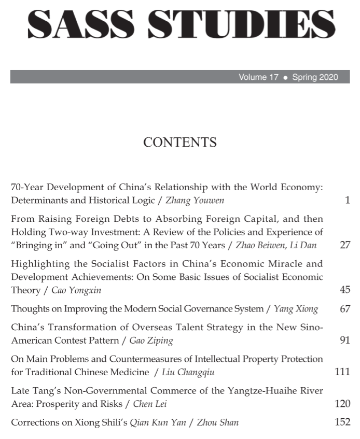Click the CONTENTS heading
[x=179, y=142]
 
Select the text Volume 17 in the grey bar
[x=258, y=77]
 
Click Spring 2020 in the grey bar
[x=315, y=77]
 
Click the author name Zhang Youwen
[x=195, y=200]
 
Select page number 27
[x=345, y=245]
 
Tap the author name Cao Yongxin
[x=76, y=290]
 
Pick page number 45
[x=345, y=290]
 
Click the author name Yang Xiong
[x=296, y=309]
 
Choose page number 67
[x=345, y=309]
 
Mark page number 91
[x=345, y=341]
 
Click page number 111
[x=343, y=372]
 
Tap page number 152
[x=343, y=422]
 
